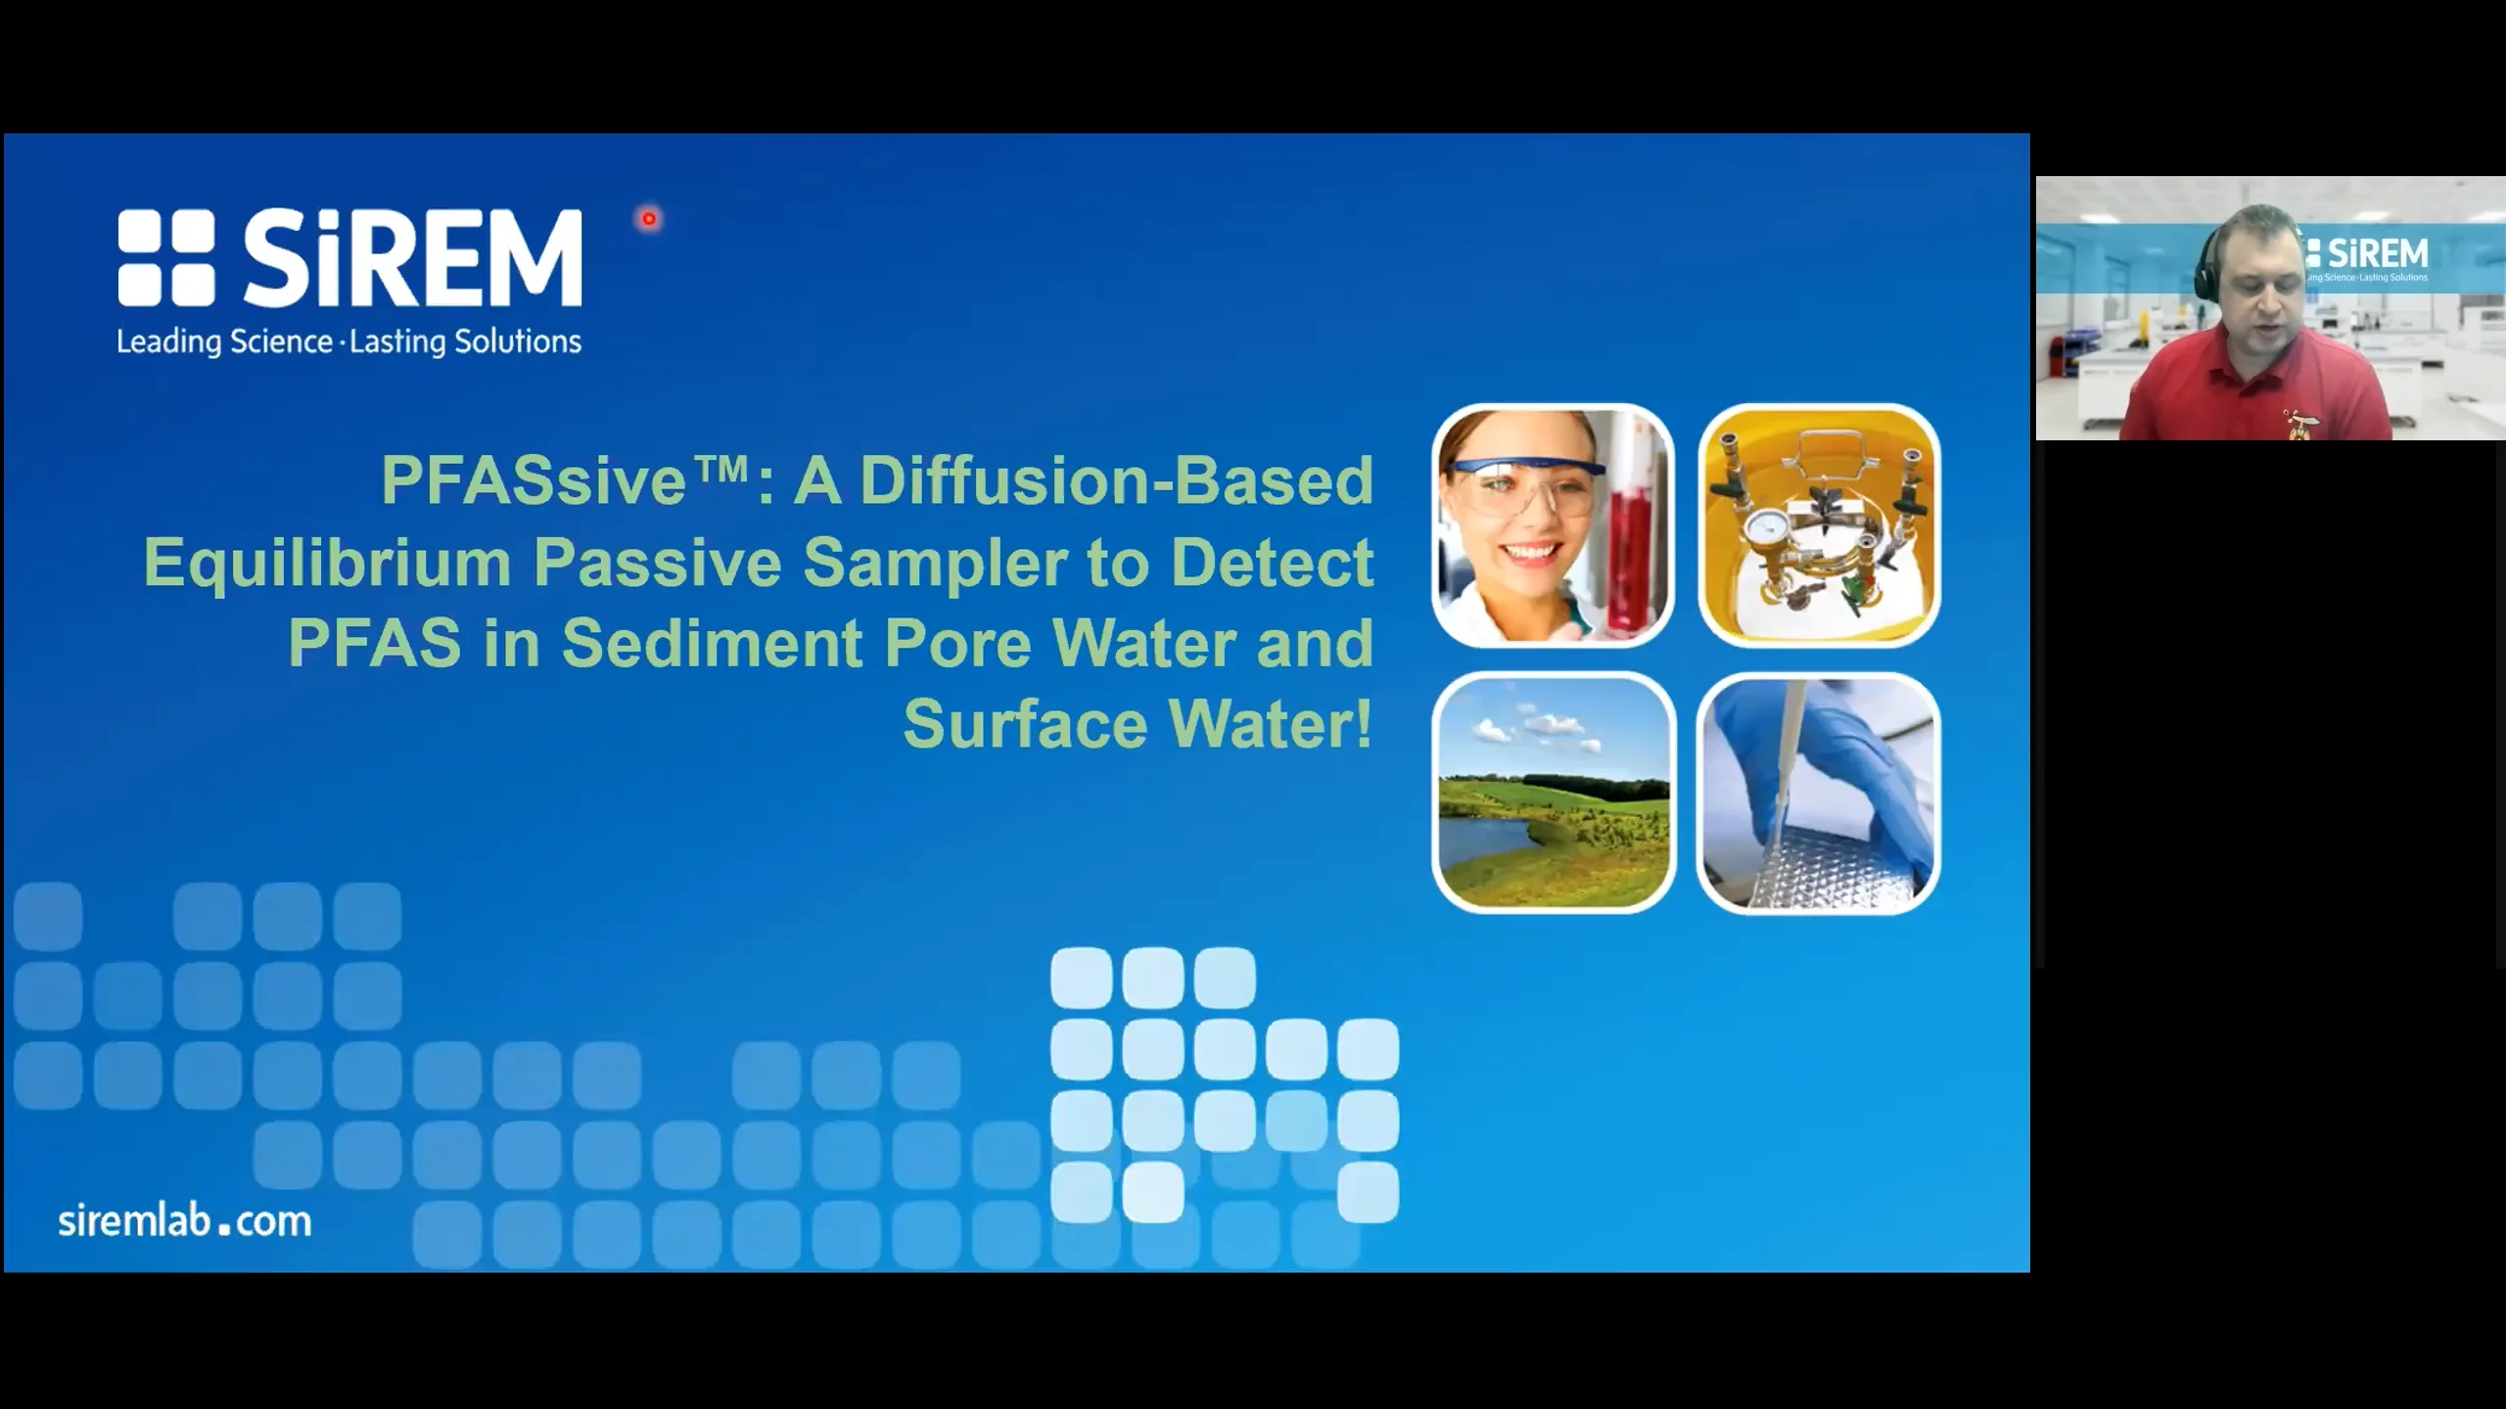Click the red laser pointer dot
tap(649, 219)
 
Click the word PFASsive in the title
tap(534, 481)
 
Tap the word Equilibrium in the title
tap(327, 563)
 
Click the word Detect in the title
tap(1273, 563)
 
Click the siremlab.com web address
tap(185, 1221)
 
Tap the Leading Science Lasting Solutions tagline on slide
tap(349, 341)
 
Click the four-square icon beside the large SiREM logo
tap(166, 257)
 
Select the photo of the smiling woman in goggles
tap(1553, 525)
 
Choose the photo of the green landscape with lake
tap(1554, 793)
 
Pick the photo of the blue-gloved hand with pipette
tap(1818, 793)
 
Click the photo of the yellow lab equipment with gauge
tap(1819, 525)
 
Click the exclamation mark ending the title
tap(1365, 724)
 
